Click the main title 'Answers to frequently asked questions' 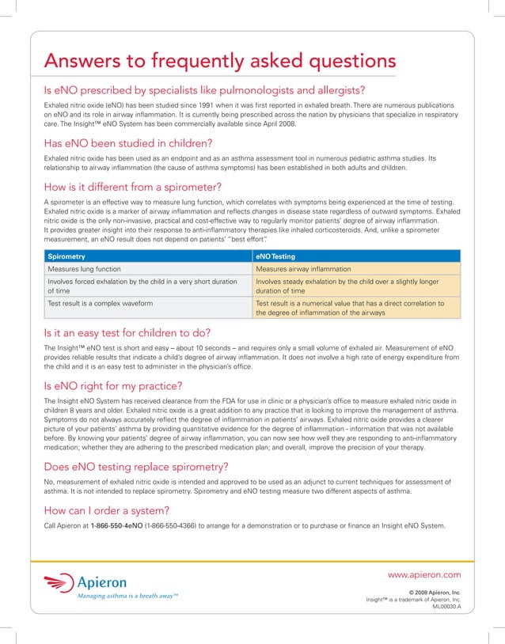tap(218, 61)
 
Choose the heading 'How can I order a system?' tap(106, 509)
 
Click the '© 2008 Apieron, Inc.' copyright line tap(433, 592)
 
